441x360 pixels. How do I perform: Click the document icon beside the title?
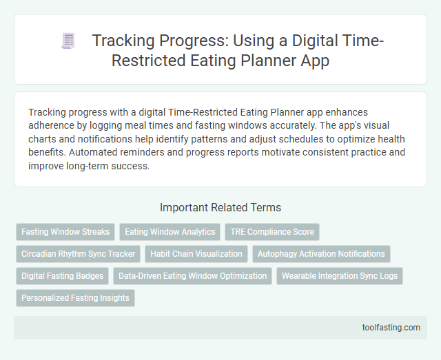click(x=68, y=41)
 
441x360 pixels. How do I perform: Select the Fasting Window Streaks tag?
click(x=65, y=232)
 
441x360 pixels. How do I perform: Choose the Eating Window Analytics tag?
click(x=170, y=232)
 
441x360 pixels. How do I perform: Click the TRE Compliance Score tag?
click(x=272, y=232)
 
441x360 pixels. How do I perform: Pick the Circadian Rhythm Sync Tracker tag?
click(x=78, y=254)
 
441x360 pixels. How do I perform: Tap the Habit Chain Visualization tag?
click(x=196, y=254)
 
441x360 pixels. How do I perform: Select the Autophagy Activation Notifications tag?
click(x=321, y=254)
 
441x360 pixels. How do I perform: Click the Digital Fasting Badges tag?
click(x=62, y=276)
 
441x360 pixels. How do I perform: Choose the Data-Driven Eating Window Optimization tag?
click(x=192, y=276)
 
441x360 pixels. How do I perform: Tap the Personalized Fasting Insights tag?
click(x=75, y=298)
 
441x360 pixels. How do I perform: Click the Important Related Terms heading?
click(x=220, y=207)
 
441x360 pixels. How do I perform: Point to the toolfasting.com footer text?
click(x=391, y=328)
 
